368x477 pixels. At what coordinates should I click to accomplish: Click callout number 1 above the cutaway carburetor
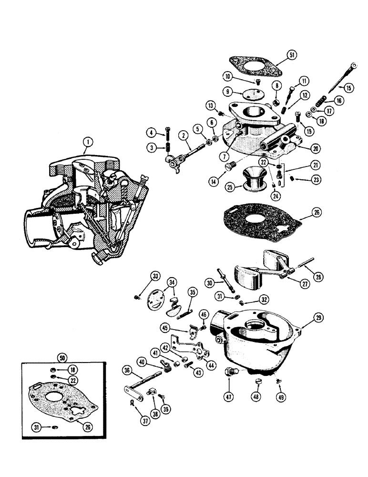pos(86,142)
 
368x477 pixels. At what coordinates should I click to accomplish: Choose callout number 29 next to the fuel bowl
pos(306,317)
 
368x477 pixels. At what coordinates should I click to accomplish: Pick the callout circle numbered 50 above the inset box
pos(61,357)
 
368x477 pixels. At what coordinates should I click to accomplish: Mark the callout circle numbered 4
pos(151,132)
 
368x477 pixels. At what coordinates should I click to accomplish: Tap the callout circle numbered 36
pos(126,370)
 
